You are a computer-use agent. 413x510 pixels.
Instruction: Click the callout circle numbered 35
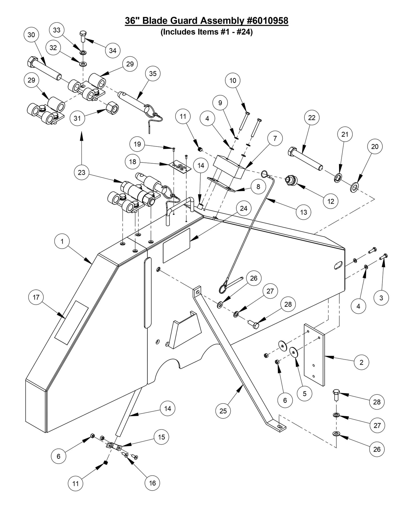[153, 74]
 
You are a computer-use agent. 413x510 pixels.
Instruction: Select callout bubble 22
[312, 118]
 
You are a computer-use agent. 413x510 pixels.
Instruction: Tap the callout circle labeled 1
[62, 241]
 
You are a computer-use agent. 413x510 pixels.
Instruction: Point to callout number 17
[36, 297]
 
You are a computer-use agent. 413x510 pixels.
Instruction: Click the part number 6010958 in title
[267, 21]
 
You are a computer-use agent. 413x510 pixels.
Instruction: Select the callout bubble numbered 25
[223, 411]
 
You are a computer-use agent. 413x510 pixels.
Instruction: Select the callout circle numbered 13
[303, 212]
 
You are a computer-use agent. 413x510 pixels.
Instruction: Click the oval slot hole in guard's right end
[338, 265]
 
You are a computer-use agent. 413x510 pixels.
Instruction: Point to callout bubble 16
[152, 483]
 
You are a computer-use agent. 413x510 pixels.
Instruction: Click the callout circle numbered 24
[244, 209]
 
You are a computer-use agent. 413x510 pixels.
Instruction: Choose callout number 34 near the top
[113, 50]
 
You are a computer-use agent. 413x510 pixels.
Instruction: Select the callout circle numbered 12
[331, 201]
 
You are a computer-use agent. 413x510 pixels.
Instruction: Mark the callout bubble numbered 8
[258, 186]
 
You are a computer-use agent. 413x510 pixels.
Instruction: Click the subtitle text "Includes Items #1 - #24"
[207, 32]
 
